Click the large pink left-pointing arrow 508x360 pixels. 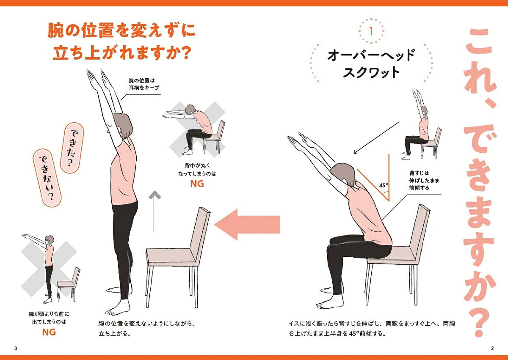click(247, 225)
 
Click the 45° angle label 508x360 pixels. click(384, 185)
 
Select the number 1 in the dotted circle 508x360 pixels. click(371, 31)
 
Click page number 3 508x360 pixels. click(16, 349)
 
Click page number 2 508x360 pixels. click(492, 349)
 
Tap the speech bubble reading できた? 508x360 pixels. click(72, 148)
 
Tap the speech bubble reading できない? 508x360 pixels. click(47, 178)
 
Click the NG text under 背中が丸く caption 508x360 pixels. click(197, 184)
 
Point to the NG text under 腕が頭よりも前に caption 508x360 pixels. click(49, 332)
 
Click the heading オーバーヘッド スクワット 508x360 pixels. click(371, 63)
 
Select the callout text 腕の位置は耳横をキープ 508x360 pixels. click(144, 84)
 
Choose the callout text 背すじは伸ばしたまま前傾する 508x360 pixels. click(424, 180)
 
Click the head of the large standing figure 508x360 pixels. click(123, 126)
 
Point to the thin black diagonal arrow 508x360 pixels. click(376, 138)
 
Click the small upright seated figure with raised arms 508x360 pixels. click(416, 125)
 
